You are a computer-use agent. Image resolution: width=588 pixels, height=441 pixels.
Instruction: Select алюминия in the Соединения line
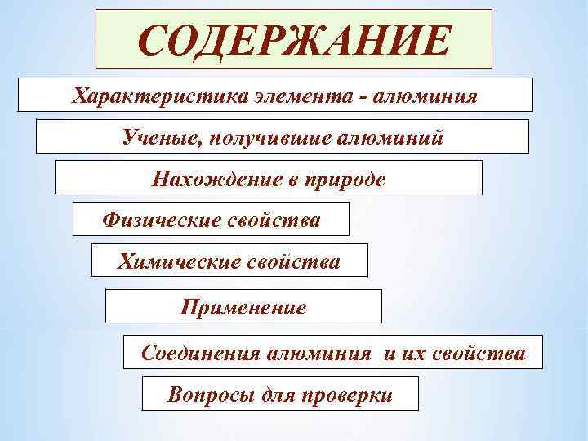point(316,354)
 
